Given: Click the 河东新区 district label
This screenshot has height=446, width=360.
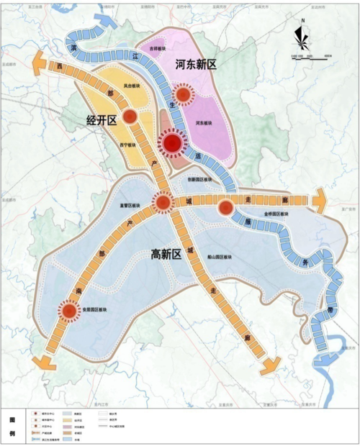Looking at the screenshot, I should [x=197, y=65].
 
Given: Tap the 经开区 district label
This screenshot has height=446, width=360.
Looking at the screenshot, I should [x=102, y=119].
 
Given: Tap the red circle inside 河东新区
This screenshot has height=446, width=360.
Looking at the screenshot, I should [x=184, y=94].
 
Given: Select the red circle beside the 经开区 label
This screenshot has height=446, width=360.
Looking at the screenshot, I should [x=130, y=117].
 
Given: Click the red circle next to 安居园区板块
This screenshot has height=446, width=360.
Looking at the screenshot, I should [x=69, y=311].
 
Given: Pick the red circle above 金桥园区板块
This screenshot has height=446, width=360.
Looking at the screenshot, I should [x=225, y=208].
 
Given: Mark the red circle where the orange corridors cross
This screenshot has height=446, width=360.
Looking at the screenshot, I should [x=164, y=204].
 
